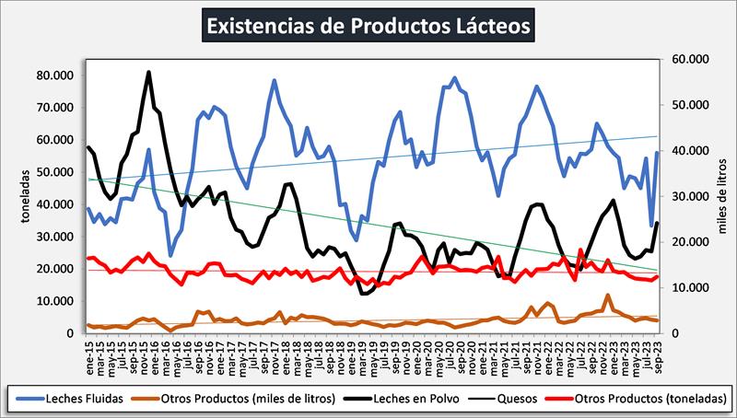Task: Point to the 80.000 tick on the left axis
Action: [x=57, y=75]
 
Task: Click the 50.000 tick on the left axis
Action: [x=57, y=171]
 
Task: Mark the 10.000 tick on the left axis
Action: [x=57, y=301]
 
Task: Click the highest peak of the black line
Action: [x=149, y=72]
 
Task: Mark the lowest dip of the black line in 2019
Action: [x=365, y=293]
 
